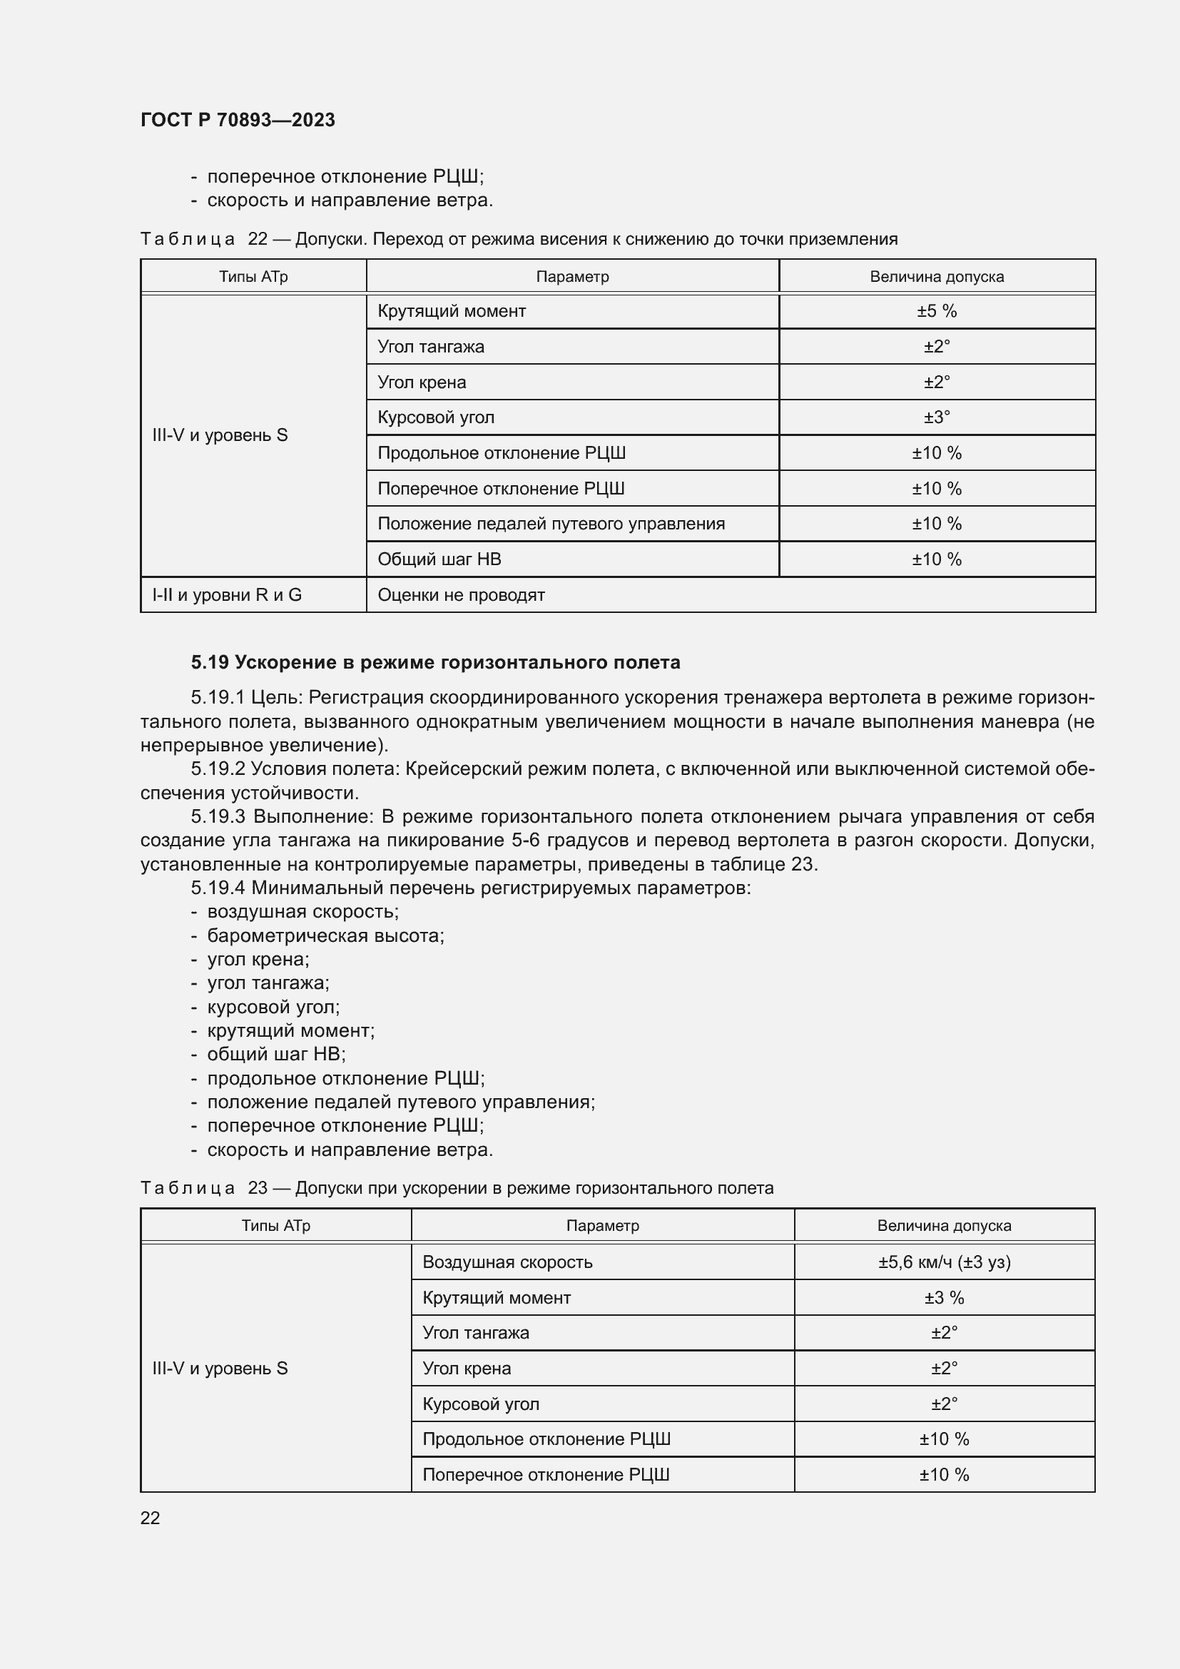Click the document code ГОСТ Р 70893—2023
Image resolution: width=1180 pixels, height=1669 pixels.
238,120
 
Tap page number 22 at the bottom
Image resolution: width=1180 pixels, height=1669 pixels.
150,1518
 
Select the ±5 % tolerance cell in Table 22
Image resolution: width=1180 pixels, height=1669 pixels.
936,311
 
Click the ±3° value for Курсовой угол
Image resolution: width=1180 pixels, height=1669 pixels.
936,417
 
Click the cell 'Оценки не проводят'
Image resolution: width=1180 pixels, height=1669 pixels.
461,594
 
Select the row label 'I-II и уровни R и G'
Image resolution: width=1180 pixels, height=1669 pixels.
227,594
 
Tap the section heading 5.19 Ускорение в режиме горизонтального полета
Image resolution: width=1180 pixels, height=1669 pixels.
435,662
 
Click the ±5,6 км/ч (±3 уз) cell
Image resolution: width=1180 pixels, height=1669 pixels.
943,1262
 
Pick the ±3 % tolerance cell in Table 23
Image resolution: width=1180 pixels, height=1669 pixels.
943,1297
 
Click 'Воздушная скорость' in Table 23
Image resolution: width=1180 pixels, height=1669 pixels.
507,1262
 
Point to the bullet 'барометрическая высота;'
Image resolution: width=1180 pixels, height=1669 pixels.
325,935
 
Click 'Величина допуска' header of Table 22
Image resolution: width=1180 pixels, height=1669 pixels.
936,277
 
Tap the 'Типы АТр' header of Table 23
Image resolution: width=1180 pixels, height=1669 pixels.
275,1226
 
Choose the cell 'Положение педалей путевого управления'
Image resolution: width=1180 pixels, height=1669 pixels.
551,523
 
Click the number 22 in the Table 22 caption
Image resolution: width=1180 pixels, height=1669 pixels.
258,239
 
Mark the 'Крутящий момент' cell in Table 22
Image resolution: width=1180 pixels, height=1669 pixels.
451,311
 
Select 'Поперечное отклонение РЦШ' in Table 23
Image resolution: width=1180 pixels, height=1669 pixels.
545,1474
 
